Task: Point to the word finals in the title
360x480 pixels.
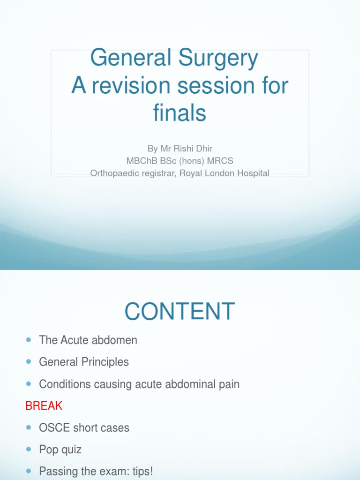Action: point(180,113)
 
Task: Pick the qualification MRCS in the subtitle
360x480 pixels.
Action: point(220,161)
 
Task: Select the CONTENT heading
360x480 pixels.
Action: point(180,312)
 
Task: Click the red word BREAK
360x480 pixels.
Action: point(44,406)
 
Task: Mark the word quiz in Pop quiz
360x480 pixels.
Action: point(71,450)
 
